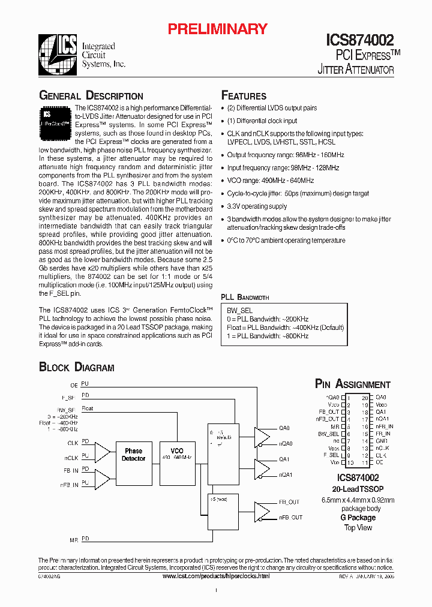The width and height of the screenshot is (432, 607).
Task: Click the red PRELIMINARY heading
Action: pos(217,29)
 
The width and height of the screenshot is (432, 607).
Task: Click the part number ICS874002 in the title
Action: pos(360,40)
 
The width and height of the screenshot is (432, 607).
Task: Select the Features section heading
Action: pos(244,96)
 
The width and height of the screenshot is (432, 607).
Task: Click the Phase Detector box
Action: pos(133,455)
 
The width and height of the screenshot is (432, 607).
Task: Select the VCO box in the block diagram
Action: pos(177,455)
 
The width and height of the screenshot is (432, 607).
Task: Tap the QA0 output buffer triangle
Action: pos(263,436)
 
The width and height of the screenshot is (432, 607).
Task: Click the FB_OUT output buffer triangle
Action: pos(263,510)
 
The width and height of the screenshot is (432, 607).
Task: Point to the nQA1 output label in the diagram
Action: pos(285,474)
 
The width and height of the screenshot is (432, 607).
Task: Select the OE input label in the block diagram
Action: pos(74,384)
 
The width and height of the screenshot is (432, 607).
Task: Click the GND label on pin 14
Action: pos(381,440)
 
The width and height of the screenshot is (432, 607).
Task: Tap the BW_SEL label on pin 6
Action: pos(329,433)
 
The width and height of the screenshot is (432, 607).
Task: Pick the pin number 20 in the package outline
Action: pos(365,398)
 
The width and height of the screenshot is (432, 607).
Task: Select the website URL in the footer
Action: pos(216,576)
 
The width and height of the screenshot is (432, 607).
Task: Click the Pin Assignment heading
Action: pos(353,384)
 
